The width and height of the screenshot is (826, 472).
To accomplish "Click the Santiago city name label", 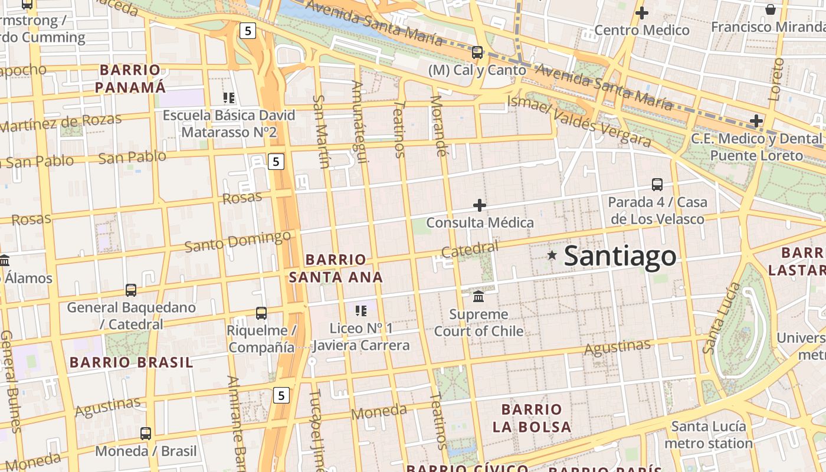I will tap(620, 256).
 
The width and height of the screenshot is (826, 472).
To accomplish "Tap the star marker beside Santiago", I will tap(552, 255).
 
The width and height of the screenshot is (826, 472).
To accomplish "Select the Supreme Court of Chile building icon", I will tap(478, 296).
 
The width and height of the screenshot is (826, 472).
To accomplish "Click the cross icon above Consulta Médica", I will tap(480, 205).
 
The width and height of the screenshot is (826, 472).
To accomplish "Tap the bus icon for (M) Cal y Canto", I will tap(477, 53).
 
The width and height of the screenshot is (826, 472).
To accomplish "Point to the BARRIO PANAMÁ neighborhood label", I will tap(130, 78).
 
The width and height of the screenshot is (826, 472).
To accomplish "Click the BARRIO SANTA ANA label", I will tap(336, 268).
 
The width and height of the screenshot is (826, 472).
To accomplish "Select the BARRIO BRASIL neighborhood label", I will tap(131, 362).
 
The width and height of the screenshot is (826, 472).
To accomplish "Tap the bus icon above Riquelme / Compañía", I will tap(261, 313).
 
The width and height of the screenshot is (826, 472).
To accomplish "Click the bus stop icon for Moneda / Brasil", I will tap(146, 434).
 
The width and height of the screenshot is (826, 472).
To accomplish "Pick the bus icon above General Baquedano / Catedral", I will tap(131, 290).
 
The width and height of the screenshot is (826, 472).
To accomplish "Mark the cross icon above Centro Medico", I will tap(642, 12).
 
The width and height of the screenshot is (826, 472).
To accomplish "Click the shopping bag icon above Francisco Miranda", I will tap(770, 9).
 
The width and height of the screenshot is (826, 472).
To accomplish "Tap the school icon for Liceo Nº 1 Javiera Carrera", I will tap(360, 310).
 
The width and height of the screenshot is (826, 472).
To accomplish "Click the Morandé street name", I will tap(437, 126).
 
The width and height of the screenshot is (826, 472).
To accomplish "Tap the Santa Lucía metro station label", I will tap(709, 434).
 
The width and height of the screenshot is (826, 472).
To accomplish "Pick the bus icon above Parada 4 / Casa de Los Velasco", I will tap(657, 185).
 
